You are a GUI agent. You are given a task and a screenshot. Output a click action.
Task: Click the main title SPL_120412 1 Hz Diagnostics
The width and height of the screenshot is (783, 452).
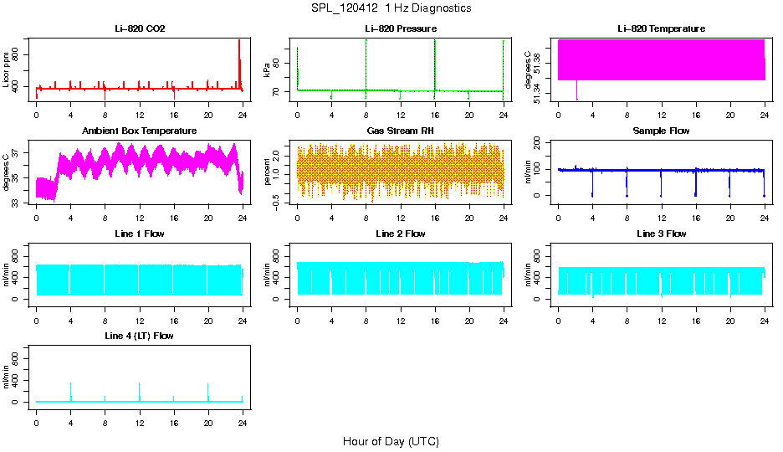[x=391, y=8]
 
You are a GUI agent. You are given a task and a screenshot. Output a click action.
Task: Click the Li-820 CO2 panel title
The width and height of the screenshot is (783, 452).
[x=139, y=29]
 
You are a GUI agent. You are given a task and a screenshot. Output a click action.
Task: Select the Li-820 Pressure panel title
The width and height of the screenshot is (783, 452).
[x=400, y=29]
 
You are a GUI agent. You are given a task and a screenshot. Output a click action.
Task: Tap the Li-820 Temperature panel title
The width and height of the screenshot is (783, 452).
[x=661, y=29]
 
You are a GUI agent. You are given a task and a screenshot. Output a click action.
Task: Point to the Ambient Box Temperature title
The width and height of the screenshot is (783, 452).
[x=139, y=131]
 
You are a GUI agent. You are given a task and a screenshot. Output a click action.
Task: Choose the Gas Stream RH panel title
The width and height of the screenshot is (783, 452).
[x=400, y=131]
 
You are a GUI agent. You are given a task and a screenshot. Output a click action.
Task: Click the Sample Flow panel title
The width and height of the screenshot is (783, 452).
[x=661, y=131]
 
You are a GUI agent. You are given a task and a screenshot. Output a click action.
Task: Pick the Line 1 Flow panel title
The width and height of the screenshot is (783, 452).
[x=139, y=234]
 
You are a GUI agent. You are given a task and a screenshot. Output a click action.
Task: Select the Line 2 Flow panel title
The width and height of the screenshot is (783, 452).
[x=400, y=234]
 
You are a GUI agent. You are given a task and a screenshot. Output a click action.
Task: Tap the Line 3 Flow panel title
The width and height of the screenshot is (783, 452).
[x=661, y=234]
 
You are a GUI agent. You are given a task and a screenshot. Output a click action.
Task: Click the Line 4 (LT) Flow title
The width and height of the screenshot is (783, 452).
[x=139, y=336]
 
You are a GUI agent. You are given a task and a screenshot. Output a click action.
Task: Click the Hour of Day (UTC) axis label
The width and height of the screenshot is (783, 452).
[x=391, y=441]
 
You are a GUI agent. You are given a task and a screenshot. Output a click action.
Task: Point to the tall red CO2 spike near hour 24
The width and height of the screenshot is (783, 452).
[x=239, y=50]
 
